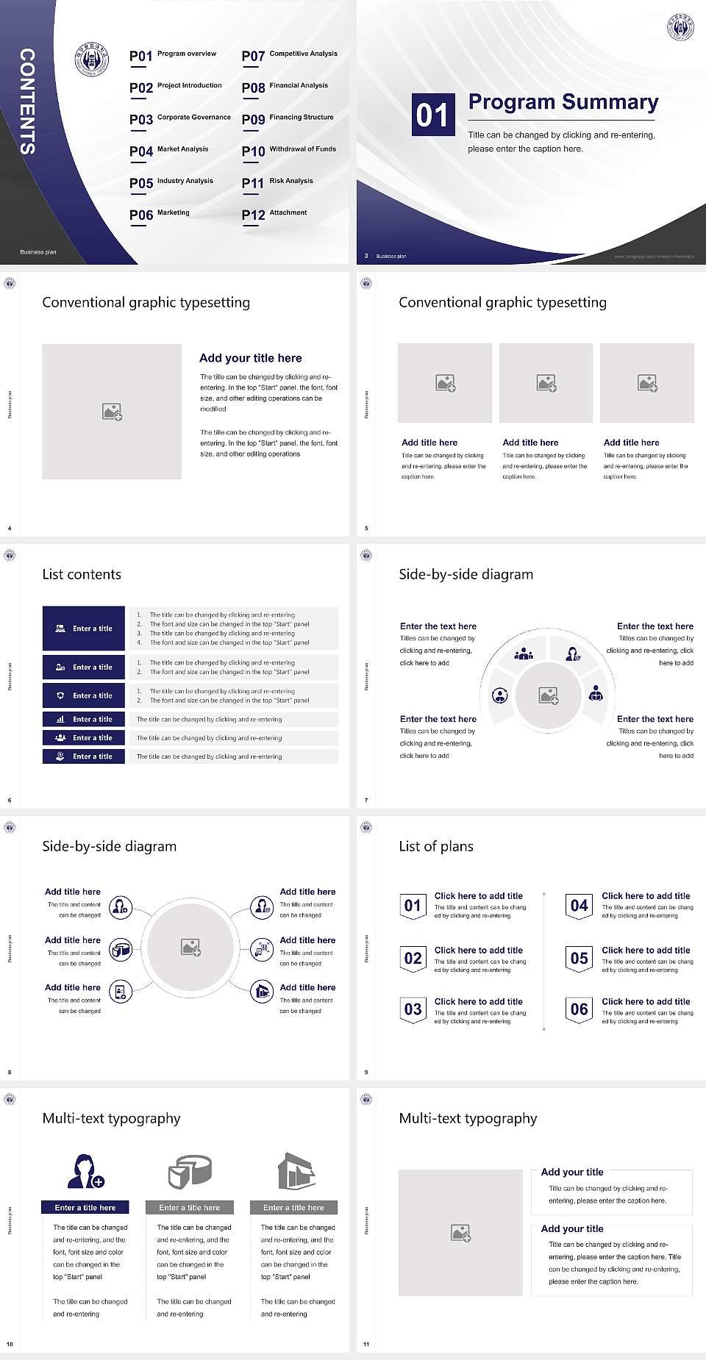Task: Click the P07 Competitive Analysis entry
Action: [x=289, y=56]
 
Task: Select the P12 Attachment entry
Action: [x=274, y=215]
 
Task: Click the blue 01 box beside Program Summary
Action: [x=432, y=115]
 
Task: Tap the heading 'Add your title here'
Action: [x=250, y=358]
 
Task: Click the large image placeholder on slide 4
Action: [x=112, y=411]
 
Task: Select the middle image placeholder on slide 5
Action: [x=546, y=383]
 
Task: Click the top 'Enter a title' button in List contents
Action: [x=84, y=629]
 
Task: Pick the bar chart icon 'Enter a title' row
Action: [x=84, y=719]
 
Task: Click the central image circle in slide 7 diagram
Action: [x=548, y=695]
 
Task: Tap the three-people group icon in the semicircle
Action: [x=524, y=653]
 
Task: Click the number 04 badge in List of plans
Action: [x=580, y=906]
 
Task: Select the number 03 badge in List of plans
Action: [x=413, y=1009]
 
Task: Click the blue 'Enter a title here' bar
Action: [x=85, y=1207]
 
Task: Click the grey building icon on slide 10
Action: [x=296, y=1171]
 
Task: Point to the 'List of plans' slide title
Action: [x=436, y=846]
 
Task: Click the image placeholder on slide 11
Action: [x=460, y=1233]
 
